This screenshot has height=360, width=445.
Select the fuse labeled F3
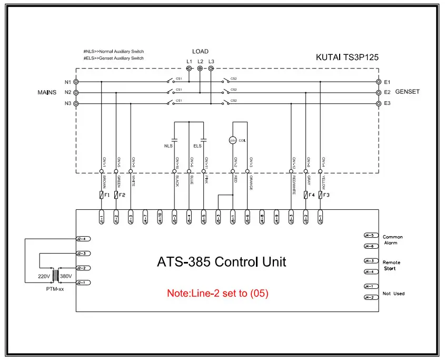click(x=320, y=195)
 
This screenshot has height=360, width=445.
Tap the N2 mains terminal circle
click(x=76, y=92)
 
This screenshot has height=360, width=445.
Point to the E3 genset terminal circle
click(x=378, y=103)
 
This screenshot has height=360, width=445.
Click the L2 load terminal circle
click(x=200, y=69)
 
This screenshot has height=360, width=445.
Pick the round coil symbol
click(x=233, y=140)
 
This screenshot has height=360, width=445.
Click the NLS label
click(x=169, y=145)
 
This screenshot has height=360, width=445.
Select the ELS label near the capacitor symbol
click(x=197, y=145)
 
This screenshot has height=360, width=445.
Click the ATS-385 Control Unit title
click(x=222, y=262)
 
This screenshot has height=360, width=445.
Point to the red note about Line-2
click(x=217, y=293)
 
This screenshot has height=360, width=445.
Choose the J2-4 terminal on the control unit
click(x=83, y=239)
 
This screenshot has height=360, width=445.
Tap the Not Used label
click(x=393, y=294)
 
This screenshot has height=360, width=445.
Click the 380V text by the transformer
click(x=66, y=276)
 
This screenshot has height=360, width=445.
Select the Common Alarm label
click(x=393, y=240)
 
